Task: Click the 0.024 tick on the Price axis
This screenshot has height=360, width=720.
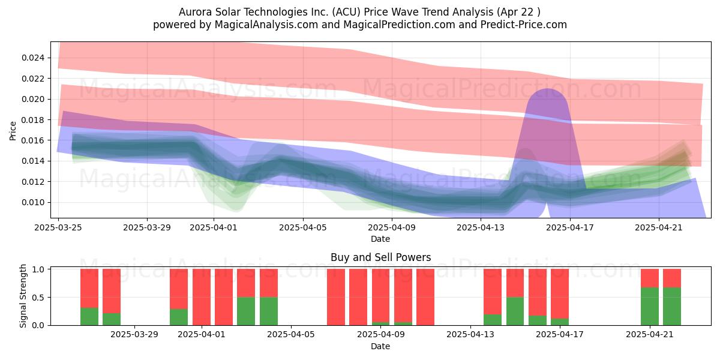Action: click(32, 58)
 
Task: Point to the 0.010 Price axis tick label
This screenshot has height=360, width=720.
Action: click(32, 203)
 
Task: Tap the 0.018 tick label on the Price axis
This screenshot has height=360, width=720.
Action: click(32, 120)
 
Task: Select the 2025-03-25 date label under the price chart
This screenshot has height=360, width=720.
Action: click(58, 227)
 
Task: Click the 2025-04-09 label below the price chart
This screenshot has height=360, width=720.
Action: click(392, 227)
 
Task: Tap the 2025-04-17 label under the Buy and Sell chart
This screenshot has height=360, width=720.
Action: click(560, 334)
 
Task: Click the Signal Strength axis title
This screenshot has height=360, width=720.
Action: click(23, 296)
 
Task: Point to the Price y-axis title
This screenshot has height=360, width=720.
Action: click(13, 131)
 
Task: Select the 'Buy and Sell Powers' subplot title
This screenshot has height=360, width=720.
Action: click(380, 257)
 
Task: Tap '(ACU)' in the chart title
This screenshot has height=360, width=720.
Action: click(347, 12)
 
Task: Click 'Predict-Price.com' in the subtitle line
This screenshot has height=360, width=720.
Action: click(524, 25)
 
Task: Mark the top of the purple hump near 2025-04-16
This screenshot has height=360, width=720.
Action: click(547, 88)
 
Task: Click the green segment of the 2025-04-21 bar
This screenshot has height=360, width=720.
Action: click(650, 307)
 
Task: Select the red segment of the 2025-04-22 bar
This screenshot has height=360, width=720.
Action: click(672, 278)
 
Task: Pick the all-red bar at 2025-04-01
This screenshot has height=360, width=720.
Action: click(202, 297)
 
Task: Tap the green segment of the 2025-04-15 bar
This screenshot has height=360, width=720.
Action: click(515, 311)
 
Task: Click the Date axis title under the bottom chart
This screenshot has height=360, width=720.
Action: click(380, 346)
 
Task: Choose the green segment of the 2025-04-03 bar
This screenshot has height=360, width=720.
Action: click(246, 311)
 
